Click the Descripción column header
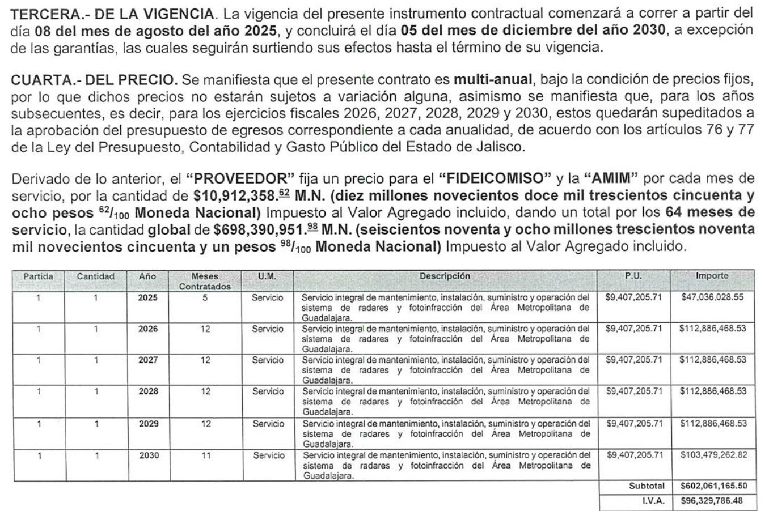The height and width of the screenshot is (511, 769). [445, 276]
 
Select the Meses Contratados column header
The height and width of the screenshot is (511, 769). [205, 282]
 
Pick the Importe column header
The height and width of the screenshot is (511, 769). [712, 276]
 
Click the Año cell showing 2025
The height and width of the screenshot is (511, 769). [148, 297]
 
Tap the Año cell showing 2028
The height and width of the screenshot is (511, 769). [148, 391]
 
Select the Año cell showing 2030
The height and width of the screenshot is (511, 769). [148, 455]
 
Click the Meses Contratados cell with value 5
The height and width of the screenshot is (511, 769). [205, 297]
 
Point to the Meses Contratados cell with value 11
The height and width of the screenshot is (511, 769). [205, 455]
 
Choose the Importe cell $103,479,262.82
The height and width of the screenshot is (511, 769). [712, 455]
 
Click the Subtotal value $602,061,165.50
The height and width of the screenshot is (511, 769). [712, 486]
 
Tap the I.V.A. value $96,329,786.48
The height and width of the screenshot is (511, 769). [712, 501]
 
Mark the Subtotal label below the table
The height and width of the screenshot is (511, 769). [647, 486]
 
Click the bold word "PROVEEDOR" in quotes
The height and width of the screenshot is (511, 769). [237, 179]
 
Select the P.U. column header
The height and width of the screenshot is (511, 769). [633, 276]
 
